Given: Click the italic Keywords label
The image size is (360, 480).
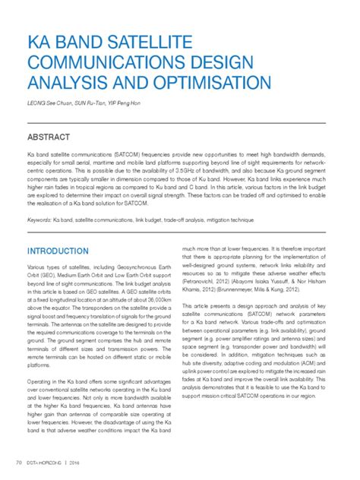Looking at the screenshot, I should (x=39, y=219).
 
